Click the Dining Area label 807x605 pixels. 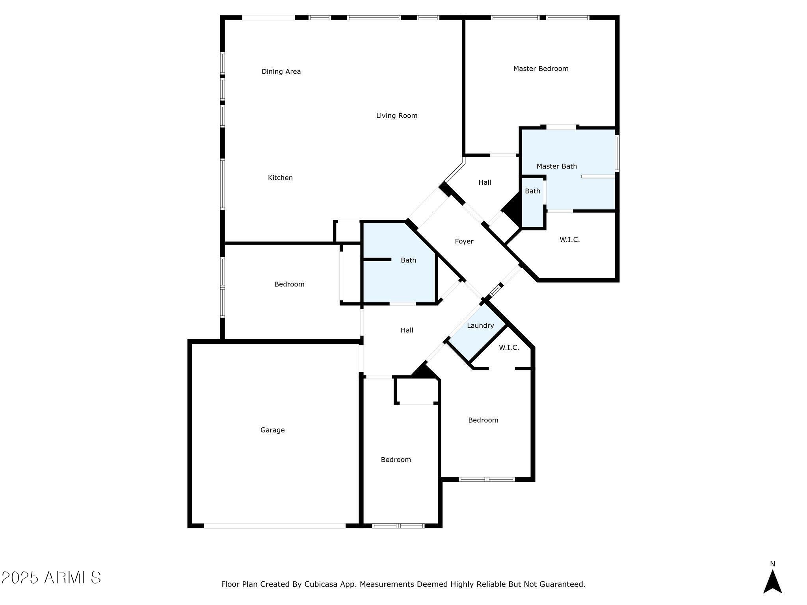click(281, 72)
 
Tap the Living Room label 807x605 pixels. click(396, 116)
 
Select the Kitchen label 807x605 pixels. click(280, 178)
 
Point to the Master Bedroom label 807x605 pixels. click(541, 69)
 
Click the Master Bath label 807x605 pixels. click(556, 167)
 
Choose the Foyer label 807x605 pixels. click(464, 241)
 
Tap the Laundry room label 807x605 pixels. click(480, 326)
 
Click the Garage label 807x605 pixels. click(272, 430)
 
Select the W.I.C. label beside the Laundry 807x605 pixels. click(509, 348)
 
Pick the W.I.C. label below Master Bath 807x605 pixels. click(569, 240)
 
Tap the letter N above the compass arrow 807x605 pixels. click(772, 564)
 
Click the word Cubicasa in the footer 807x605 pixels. click(320, 585)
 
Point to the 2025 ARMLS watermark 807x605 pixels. click(51, 578)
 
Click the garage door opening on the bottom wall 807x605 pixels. click(275, 526)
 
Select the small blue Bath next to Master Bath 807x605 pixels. click(532, 191)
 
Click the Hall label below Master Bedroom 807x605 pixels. click(485, 183)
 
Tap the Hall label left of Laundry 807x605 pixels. click(407, 330)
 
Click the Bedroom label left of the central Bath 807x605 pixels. click(289, 284)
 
